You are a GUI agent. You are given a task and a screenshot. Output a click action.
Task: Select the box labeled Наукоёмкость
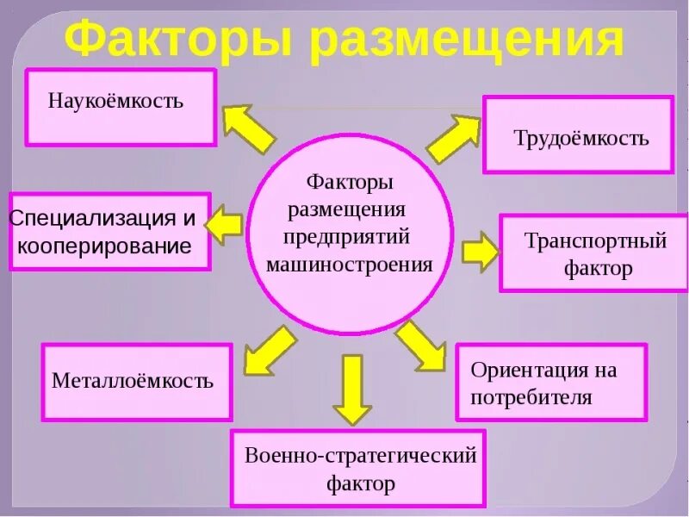click(121, 108)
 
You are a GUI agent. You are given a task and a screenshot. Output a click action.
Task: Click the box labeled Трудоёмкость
click(578, 135)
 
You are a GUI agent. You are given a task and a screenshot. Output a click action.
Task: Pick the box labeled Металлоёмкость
click(137, 383)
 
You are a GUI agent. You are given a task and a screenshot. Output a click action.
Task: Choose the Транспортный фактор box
click(593, 253)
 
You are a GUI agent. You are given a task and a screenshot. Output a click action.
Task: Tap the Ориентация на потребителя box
click(551, 383)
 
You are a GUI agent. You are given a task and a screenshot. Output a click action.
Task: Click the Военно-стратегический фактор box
click(358, 468)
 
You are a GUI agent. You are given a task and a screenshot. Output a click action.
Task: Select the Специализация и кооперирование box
click(109, 231)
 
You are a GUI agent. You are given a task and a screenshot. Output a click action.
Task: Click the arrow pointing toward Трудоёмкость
click(454, 138)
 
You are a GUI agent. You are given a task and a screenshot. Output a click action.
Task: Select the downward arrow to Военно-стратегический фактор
click(351, 389)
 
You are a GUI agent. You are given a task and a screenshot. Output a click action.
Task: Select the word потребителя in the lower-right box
click(531, 397)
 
